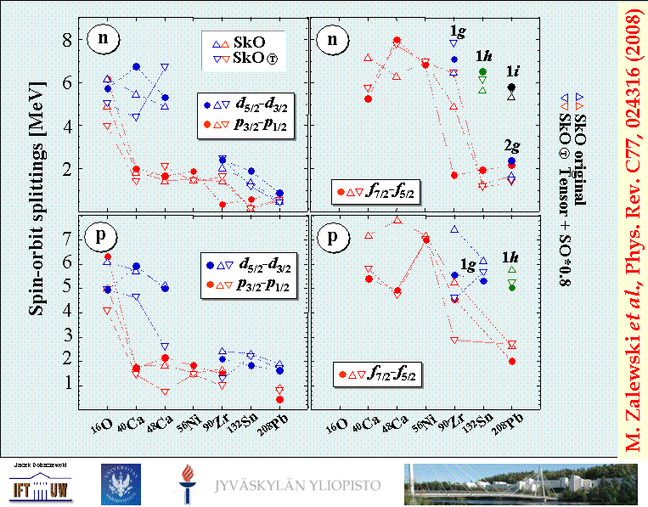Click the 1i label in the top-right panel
[514, 72]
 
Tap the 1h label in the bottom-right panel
[510, 256]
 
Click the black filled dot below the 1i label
[511, 87]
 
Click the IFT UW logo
[39, 487]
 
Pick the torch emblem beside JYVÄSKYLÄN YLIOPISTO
[185, 484]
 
